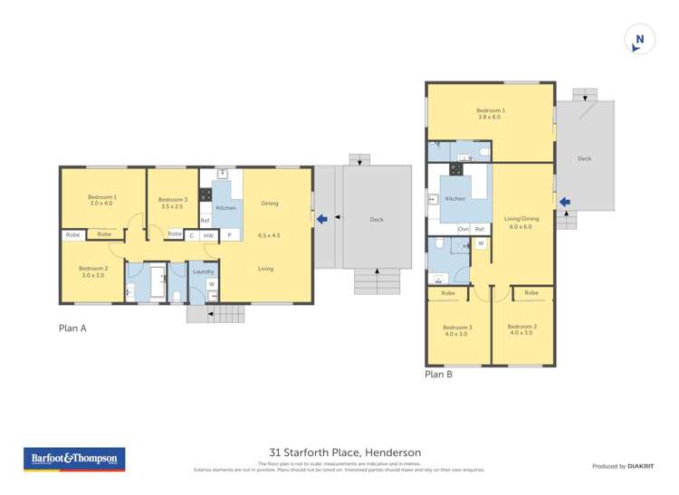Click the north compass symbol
[x=639, y=39]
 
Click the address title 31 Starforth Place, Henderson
[x=345, y=452]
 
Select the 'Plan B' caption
[x=439, y=373]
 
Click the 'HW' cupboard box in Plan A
[x=208, y=235]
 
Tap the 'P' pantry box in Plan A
[x=229, y=235]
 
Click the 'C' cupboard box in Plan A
[x=191, y=235]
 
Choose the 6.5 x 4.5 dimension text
[x=269, y=235]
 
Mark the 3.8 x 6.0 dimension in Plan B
[x=491, y=118]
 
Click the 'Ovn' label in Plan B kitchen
[x=464, y=229]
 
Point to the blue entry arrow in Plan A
[x=322, y=217]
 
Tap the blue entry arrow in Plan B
[x=565, y=202]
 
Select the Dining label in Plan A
[x=269, y=204]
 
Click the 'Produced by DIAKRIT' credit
[x=622, y=466]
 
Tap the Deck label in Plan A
[x=376, y=220]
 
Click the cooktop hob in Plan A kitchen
[x=206, y=193]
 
